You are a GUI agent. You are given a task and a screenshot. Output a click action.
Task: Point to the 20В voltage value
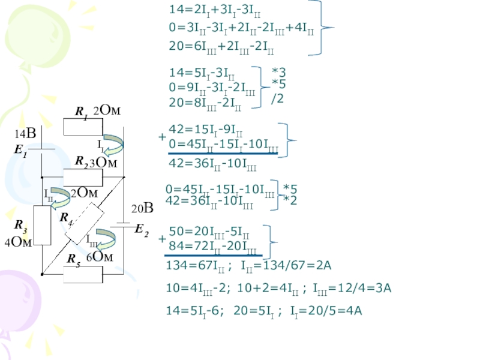[x=143, y=209]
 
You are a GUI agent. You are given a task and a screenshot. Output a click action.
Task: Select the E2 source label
[x=142, y=229]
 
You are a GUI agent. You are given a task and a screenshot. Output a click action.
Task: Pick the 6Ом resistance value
[x=100, y=257]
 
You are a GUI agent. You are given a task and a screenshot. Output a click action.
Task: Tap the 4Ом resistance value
[x=17, y=242]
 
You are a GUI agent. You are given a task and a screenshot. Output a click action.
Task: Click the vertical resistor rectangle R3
[x=42, y=225]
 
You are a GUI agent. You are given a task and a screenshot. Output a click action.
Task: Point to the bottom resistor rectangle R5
[x=83, y=274]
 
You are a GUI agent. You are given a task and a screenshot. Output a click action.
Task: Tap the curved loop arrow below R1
[x=114, y=142]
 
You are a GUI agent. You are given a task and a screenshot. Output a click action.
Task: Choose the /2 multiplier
[x=278, y=98]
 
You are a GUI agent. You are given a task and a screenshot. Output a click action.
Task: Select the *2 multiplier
[x=290, y=200]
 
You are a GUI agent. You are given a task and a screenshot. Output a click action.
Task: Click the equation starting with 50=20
[x=209, y=231]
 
